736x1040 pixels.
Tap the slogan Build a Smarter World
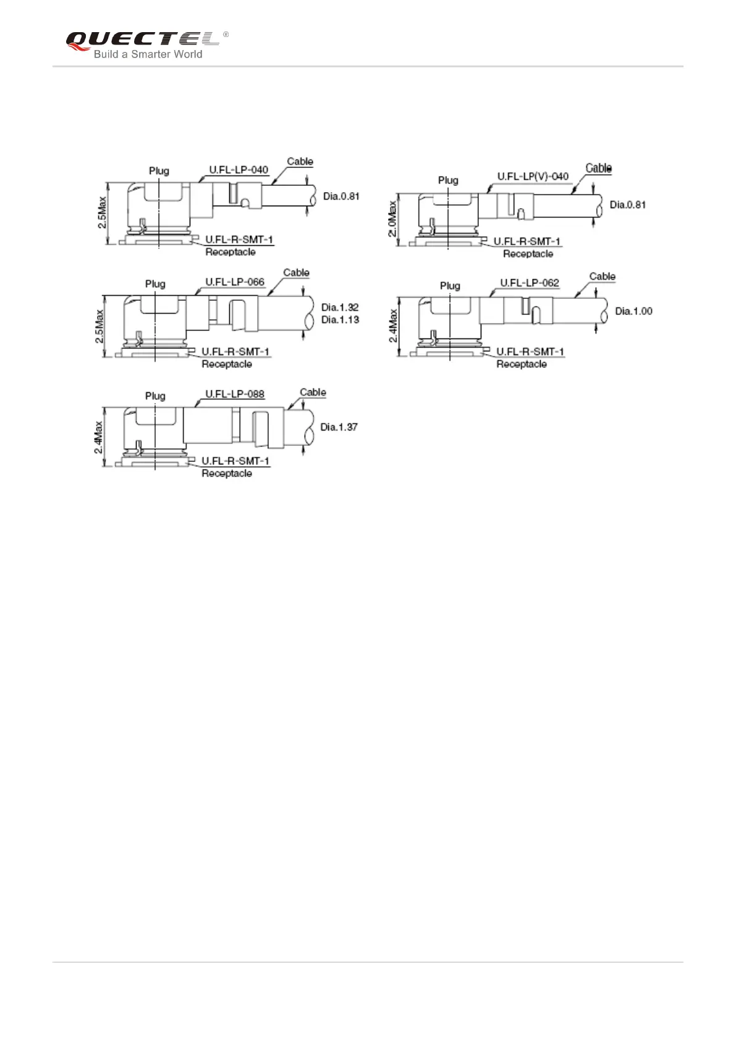(x=148, y=54)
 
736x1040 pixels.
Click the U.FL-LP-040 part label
(x=239, y=170)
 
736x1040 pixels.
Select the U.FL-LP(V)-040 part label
(x=533, y=176)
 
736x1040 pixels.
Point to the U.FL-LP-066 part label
(x=235, y=282)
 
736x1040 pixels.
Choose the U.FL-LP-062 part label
(x=530, y=283)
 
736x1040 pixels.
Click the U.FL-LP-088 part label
(x=235, y=393)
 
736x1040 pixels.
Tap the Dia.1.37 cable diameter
(x=339, y=427)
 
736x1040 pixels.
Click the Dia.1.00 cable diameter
(x=633, y=311)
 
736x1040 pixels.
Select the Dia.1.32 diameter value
(x=340, y=307)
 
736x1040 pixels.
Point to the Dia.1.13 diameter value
(x=340, y=319)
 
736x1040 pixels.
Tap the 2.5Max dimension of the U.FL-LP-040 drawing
(x=102, y=212)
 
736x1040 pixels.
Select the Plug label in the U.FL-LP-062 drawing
(x=450, y=285)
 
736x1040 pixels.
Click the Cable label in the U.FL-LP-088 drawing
(x=313, y=392)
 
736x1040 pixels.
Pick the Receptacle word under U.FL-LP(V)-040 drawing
(x=528, y=254)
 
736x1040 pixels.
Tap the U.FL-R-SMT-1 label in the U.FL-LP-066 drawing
(x=235, y=352)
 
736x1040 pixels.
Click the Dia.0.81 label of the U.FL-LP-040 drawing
(x=341, y=196)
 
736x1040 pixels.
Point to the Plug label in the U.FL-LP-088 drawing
(x=155, y=396)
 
